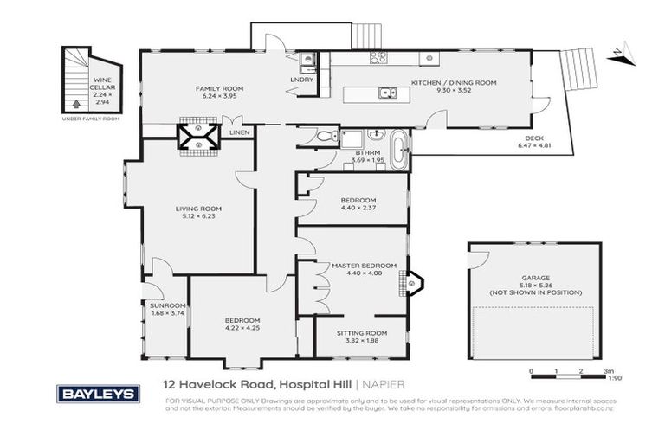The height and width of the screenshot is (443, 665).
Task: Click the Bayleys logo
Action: click(x=98, y=394)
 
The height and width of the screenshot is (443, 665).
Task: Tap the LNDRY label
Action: click(x=300, y=81)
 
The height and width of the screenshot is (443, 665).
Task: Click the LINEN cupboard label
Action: click(x=240, y=132)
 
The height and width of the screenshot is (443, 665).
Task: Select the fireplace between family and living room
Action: click(x=198, y=136)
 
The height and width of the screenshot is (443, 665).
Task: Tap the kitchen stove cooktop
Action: click(x=378, y=59)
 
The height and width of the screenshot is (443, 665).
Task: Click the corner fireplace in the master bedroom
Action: click(x=413, y=281)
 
